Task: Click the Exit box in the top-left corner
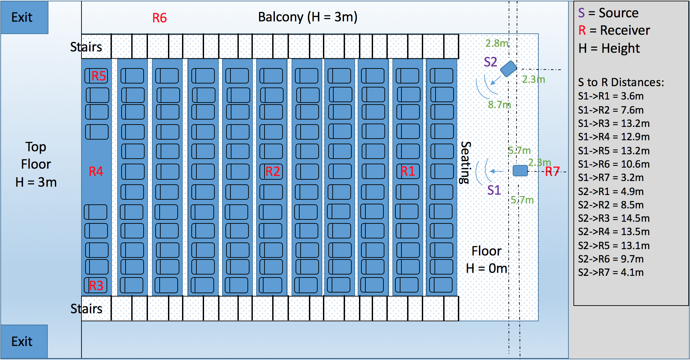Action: click(x=24, y=17)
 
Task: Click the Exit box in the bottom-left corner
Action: click(x=24, y=341)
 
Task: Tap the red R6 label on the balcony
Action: click(x=159, y=18)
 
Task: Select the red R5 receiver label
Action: click(x=99, y=76)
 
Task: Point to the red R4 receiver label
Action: click(x=96, y=172)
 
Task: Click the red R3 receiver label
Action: click(x=96, y=286)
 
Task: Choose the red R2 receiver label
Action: click(x=273, y=172)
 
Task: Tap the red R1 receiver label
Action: click(x=408, y=171)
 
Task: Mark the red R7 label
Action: click(x=552, y=172)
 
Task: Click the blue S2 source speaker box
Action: click(x=508, y=68)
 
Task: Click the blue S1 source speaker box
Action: click(x=520, y=171)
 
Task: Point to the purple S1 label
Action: click(x=494, y=190)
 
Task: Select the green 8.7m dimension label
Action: click(x=499, y=105)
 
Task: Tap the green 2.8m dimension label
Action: click(x=497, y=43)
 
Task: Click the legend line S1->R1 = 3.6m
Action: click(x=611, y=96)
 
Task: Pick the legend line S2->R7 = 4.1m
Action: click(x=611, y=273)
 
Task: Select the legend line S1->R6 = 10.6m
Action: click(x=614, y=164)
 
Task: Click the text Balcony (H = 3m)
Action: click(x=308, y=17)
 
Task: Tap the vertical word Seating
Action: click(x=466, y=163)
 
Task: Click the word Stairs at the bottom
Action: click(x=86, y=309)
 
